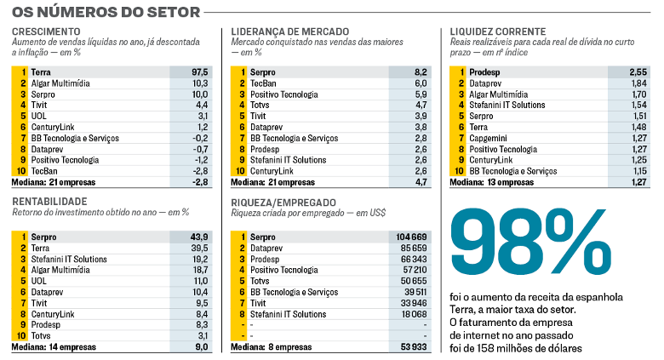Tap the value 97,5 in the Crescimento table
click(x=200, y=73)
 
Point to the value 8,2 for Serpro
click(x=421, y=73)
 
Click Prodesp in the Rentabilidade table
click(x=46, y=325)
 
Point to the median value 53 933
click(x=414, y=347)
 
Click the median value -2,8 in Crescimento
click(x=200, y=181)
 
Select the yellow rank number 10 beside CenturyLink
click(x=241, y=170)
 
